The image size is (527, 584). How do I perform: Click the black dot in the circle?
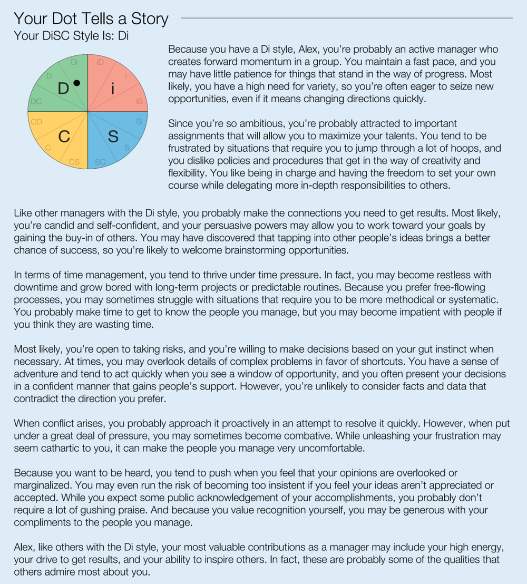click(x=76, y=83)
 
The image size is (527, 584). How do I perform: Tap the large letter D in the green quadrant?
click(x=63, y=89)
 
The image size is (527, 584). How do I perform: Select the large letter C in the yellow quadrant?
click(x=64, y=137)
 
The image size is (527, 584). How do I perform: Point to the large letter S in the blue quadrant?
click(x=113, y=137)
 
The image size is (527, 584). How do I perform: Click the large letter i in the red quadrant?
click(x=112, y=90)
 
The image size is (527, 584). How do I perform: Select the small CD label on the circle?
click(x=36, y=122)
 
